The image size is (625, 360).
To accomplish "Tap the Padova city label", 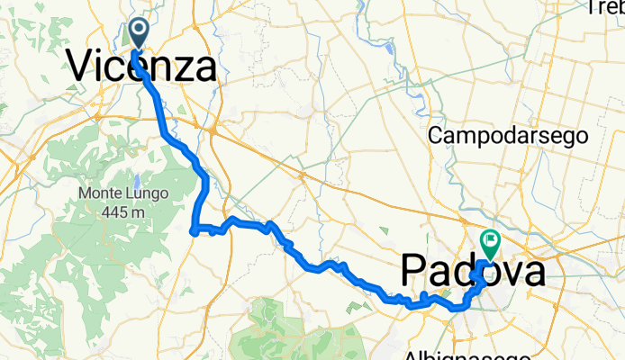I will pos(472,270).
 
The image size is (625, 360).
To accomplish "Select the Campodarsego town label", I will pos(509,135).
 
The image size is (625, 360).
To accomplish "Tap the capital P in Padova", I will pos(412,270).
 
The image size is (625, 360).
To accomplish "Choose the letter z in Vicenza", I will pos(183,67).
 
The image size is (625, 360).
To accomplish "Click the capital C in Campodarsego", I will pos(437,135).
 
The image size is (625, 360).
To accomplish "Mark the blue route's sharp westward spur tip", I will pos(194,233).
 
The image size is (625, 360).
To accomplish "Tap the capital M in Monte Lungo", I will pos(84,193).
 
